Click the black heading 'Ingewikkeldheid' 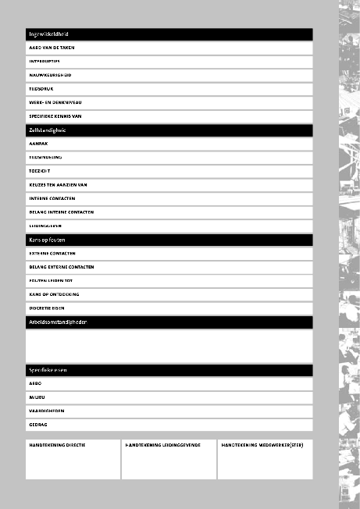(49, 34)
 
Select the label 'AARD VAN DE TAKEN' (52, 48)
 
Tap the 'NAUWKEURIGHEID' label (50, 75)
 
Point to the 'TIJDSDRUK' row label (41, 88)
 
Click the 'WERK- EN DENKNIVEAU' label (54, 102)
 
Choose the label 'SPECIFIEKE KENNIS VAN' (55, 116)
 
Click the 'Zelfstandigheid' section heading (48, 130)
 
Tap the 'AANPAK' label (39, 144)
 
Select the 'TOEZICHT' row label (41, 171)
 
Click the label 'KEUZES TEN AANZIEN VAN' (58, 184)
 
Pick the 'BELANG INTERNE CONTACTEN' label (61, 212)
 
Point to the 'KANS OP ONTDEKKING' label (54, 294)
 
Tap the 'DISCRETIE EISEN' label (47, 308)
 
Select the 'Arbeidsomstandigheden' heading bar (57, 322)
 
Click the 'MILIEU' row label (38, 397)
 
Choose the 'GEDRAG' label (39, 425)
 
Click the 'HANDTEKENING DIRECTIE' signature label (57, 445)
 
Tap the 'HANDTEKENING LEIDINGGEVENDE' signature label (162, 445)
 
